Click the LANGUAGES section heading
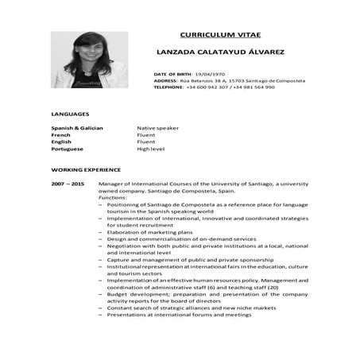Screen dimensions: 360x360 [x=70, y=114]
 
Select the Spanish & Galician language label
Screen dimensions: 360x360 [x=77, y=128]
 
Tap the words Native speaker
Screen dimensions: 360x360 [x=157, y=128]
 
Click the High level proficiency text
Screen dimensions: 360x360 [x=151, y=149]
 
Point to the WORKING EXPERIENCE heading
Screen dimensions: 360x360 [x=86, y=170]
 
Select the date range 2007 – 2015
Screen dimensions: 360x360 [x=68, y=184]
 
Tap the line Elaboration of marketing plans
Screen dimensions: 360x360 [x=149, y=232]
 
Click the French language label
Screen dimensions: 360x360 [x=61, y=135]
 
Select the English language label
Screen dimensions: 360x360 [x=62, y=142]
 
